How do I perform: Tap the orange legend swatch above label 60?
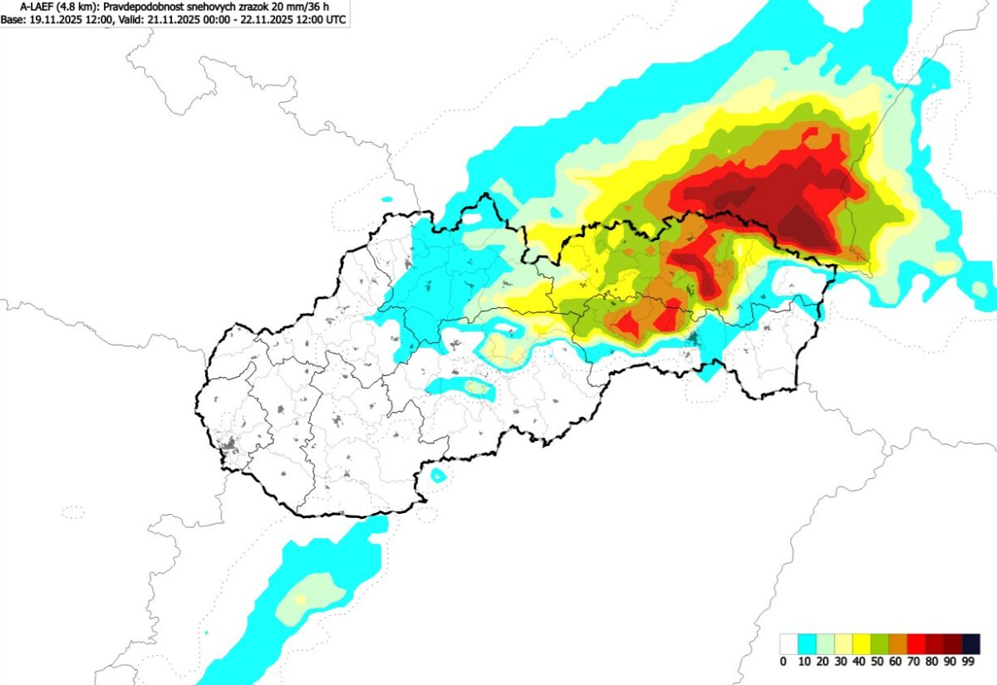click(x=898, y=643)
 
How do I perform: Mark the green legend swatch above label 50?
click(x=880, y=643)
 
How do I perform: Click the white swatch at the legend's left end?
click(x=788, y=643)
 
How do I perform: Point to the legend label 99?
click(x=968, y=662)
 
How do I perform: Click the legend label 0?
click(x=783, y=662)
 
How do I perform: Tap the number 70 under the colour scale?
click(x=913, y=662)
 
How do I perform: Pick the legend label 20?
click(x=822, y=662)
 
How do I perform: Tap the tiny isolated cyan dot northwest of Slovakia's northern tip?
click(x=387, y=199)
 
